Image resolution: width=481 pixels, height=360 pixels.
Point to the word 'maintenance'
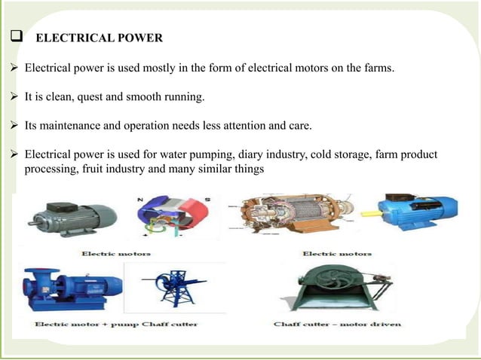[x=72, y=125]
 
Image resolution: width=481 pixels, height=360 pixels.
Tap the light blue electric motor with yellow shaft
[x=413, y=212]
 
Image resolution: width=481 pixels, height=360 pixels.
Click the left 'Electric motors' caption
[x=117, y=253]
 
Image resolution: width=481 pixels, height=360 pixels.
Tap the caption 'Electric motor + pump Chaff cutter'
[x=117, y=324]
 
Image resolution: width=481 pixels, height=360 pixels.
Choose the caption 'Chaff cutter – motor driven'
[x=337, y=324]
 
